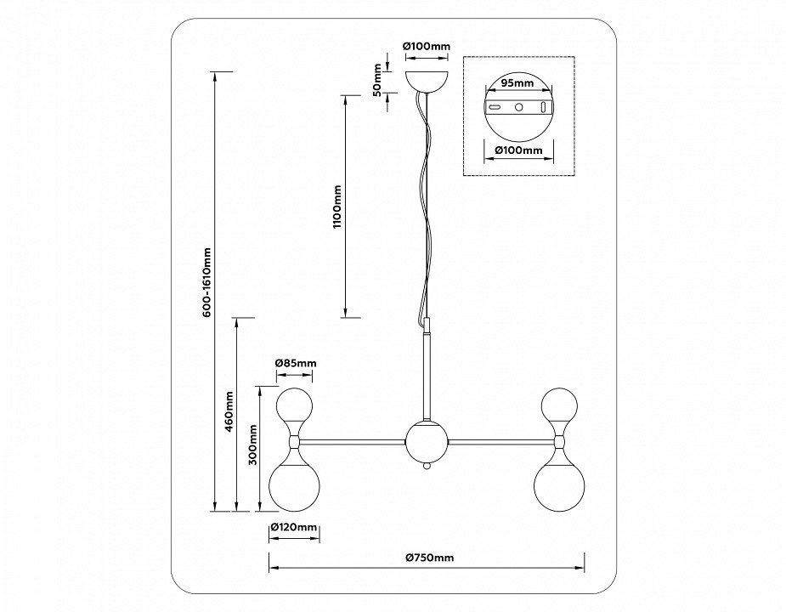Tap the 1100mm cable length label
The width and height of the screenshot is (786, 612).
click(337, 207)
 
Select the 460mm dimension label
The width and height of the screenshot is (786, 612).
click(229, 412)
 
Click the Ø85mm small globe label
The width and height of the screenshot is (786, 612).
click(295, 363)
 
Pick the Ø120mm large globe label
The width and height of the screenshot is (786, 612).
click(293, 528)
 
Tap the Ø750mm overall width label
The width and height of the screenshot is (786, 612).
click(429, 558)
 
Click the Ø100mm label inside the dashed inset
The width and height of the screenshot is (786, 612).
click(518, 150)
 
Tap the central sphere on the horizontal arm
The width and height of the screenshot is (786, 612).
click(426, 441)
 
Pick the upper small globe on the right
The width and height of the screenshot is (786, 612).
click(559, 404)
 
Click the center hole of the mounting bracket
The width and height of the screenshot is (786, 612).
click(518, 108)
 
